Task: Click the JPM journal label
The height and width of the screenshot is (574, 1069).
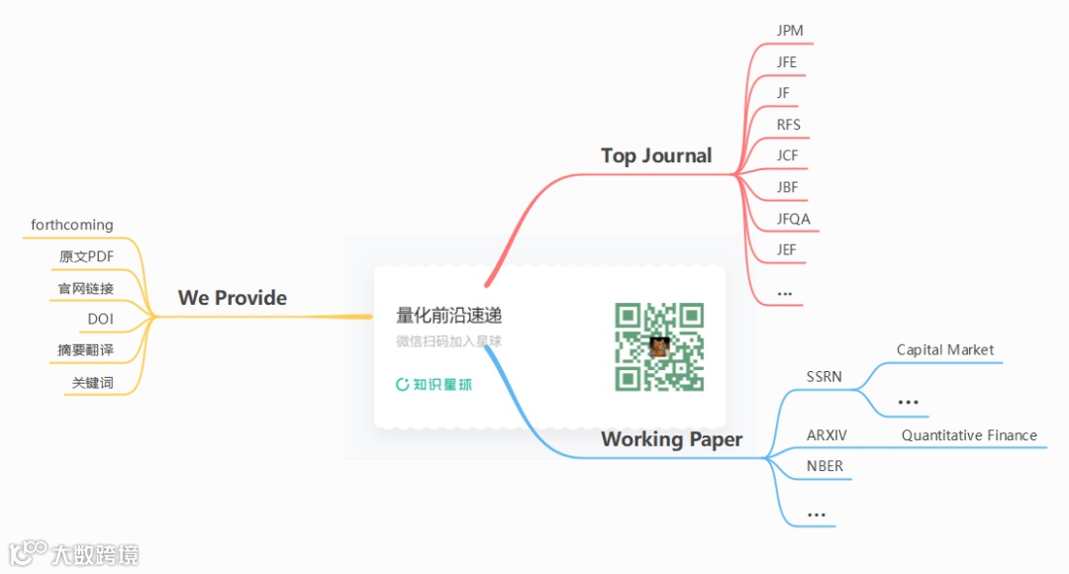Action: (790, 31)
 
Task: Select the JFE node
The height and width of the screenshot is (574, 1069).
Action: (787, 62)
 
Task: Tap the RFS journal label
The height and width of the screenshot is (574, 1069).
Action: (789, 125)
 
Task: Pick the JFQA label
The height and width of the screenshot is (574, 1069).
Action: (794, 219)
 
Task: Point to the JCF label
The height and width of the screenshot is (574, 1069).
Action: (788, 156)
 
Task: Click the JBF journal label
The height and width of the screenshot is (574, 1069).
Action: (788, 187)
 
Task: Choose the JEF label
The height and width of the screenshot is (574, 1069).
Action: (787, 250)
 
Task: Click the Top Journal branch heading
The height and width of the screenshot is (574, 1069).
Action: (656, 155)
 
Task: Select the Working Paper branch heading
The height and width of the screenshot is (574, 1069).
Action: (671, 439)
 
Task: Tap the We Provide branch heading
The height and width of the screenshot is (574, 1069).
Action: (233, 298)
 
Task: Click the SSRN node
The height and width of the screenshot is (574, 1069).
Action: (825, 377)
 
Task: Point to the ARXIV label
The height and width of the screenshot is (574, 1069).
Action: (826, 435)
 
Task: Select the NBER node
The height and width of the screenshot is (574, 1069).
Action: (825, 466)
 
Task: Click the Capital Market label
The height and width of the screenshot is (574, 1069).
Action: (945, 349)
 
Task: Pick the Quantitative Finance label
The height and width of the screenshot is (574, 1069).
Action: (969, 435)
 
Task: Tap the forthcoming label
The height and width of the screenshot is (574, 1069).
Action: (72, 226)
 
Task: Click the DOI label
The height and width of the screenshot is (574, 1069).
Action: (101, 319)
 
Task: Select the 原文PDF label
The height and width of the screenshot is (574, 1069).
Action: (87, 257)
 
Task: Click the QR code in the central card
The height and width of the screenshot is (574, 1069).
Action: (659, 346)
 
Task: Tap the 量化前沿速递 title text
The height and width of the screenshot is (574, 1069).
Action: (449, 316)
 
